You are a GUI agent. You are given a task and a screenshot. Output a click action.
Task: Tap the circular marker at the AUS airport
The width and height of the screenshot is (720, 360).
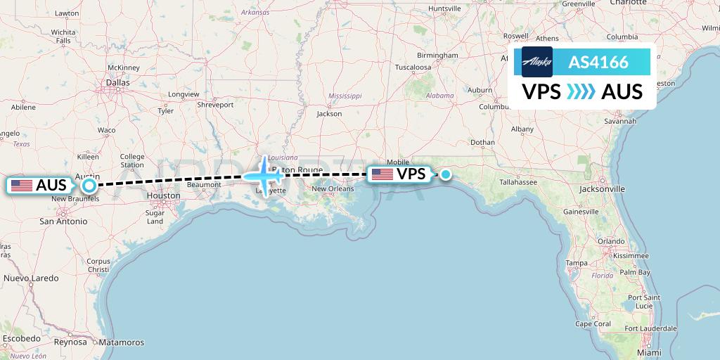coord(89,186)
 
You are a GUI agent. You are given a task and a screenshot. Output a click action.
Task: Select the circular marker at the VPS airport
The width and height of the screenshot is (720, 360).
coord(445,174)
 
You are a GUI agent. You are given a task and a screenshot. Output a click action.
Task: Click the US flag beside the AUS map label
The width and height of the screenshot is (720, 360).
coord(22,186)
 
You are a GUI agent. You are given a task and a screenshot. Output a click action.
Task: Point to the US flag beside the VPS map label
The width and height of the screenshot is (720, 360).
coord(382,174)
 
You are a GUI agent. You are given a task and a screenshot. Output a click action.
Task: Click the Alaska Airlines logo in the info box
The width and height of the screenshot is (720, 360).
coord(537,62)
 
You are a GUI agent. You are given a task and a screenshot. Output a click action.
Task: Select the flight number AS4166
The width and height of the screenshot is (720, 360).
coord(598,63)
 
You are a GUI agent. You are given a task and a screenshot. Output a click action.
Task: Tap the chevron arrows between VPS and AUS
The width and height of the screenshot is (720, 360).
coord(581,92)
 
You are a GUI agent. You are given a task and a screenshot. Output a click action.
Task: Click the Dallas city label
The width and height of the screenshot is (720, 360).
coord(117,82)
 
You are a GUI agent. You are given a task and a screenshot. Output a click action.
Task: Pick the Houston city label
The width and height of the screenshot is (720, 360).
coord(163,196)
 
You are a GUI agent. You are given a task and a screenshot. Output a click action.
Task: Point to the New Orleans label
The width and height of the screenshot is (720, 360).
coord(333,189)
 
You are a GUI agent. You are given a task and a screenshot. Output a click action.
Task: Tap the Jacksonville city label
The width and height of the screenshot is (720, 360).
coord(603,189)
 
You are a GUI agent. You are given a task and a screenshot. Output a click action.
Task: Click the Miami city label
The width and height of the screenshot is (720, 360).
coord(650,352)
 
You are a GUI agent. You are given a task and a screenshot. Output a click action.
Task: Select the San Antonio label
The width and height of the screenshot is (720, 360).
coord(63,221)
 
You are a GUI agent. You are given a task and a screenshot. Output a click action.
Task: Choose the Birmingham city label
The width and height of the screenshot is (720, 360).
coord(437,55)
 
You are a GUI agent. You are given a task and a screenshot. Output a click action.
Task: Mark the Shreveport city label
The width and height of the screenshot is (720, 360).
coord(214,105)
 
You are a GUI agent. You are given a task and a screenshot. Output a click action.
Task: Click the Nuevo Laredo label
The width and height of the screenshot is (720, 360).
coord(32,278)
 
